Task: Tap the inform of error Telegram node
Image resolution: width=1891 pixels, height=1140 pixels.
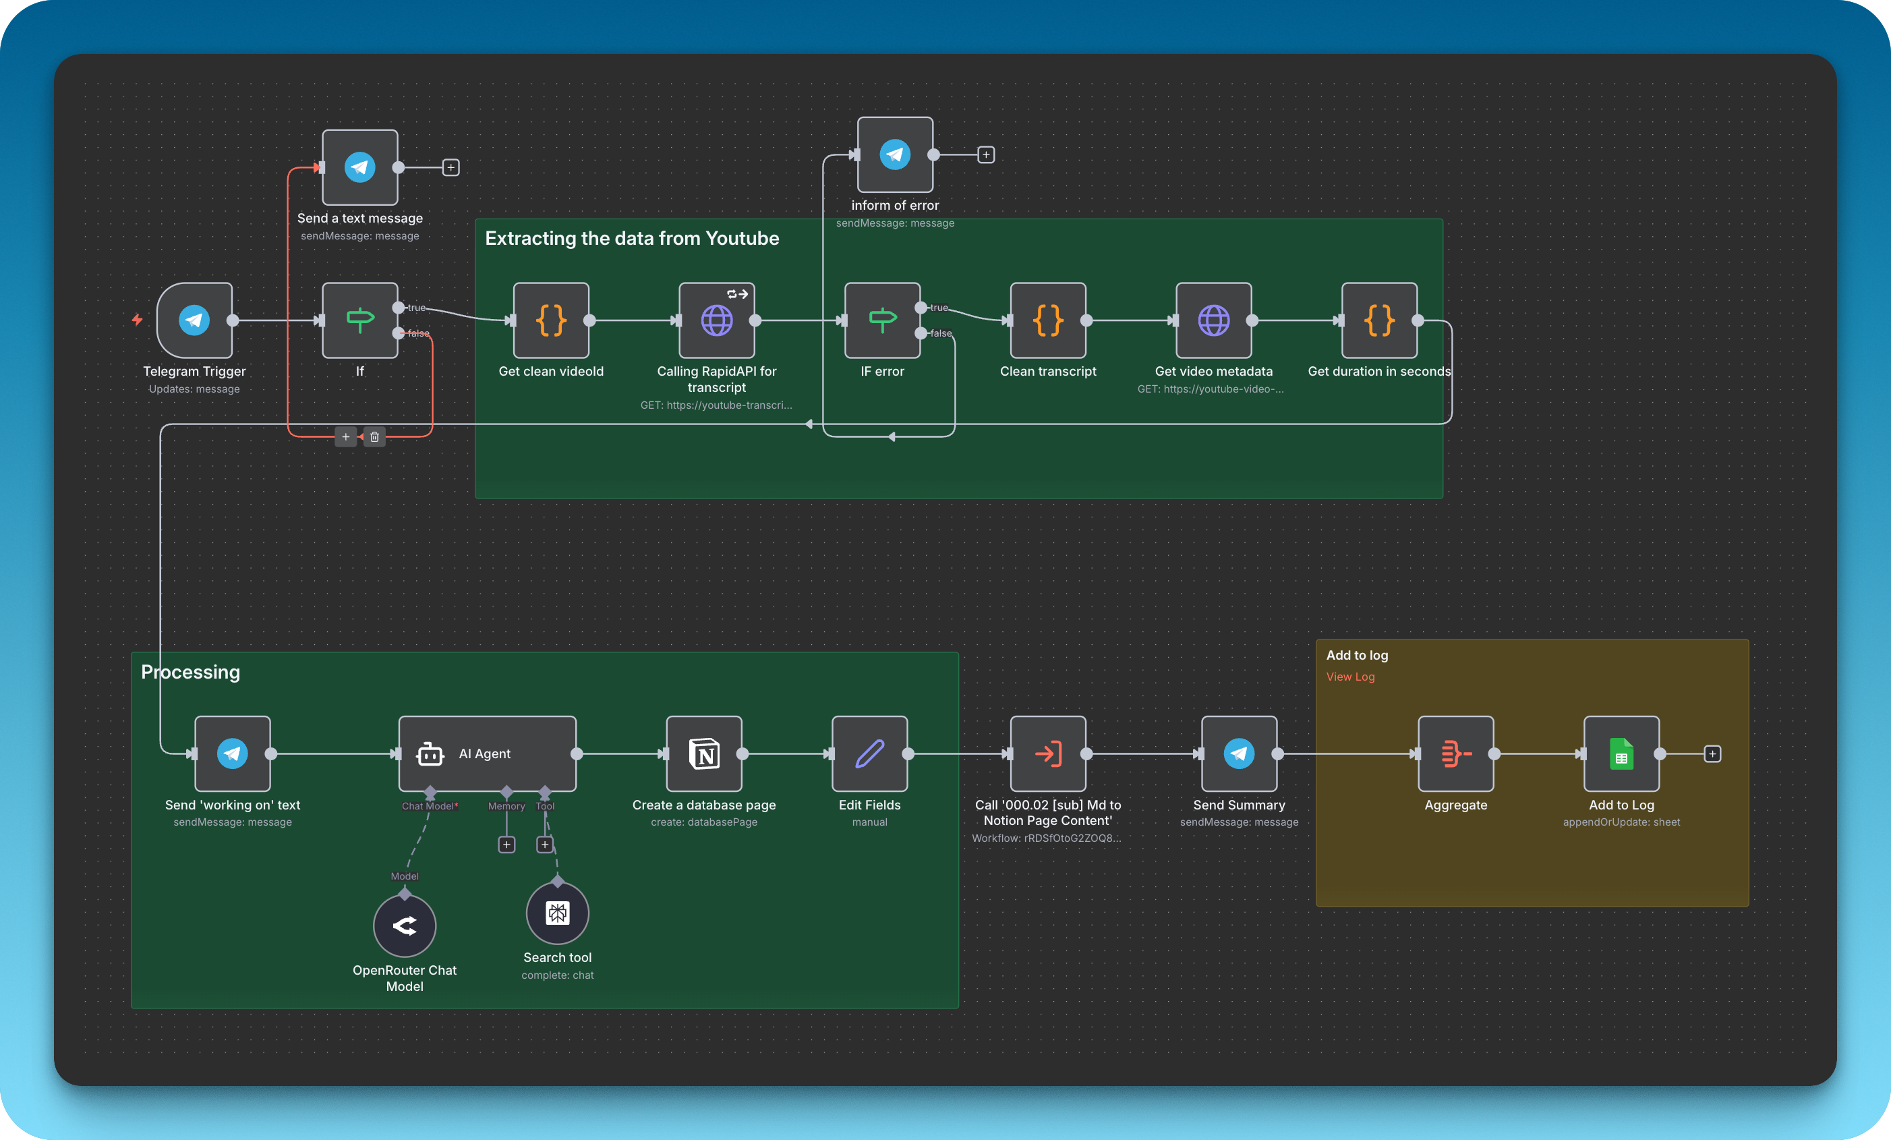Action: pos(895,154)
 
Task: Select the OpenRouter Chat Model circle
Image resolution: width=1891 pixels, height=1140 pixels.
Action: pos(405,925)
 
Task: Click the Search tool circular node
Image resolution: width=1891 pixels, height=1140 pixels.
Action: pos(557,913)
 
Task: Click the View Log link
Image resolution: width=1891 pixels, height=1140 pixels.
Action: pos(1350,677)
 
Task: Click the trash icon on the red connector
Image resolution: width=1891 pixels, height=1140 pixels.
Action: pos(374,437)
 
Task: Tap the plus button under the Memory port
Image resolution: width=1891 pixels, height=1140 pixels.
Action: pos(506,845)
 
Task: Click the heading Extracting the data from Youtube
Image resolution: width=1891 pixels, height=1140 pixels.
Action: pos(632,238)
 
